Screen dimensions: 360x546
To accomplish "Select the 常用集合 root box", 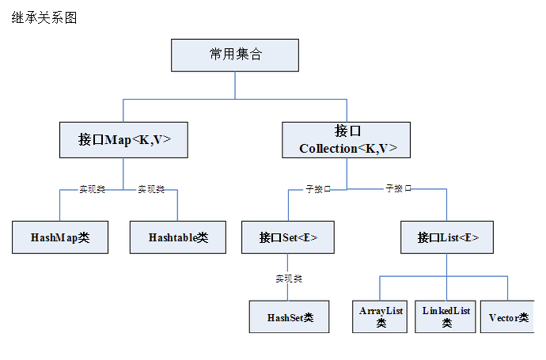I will tap(235, 55).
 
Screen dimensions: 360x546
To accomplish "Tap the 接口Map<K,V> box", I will tap(123, 139).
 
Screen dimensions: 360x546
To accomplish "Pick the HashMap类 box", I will tap(60, 237).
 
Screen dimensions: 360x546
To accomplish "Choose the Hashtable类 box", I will tap(178, 237).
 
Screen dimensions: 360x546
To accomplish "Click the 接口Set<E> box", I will tap(289, 237).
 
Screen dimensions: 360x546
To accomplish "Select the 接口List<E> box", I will tap(448, 237).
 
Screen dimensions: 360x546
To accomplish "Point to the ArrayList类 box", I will tap(381, 316).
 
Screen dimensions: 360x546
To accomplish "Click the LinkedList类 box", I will tap(446, 316).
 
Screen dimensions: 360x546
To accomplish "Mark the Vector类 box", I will tap(508, 317).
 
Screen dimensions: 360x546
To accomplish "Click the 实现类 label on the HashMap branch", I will tap(92, 189).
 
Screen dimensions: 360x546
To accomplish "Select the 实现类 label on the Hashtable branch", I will tap(151, 189).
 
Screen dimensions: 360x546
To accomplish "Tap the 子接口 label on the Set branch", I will tap(318, 189).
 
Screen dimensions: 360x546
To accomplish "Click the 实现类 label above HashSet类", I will tap(289, 279).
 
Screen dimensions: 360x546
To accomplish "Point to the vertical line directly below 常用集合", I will tap(235, 85).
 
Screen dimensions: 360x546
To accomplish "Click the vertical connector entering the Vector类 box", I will tap(508, 288).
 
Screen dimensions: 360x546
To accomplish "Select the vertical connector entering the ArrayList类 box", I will tap(381, 288).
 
